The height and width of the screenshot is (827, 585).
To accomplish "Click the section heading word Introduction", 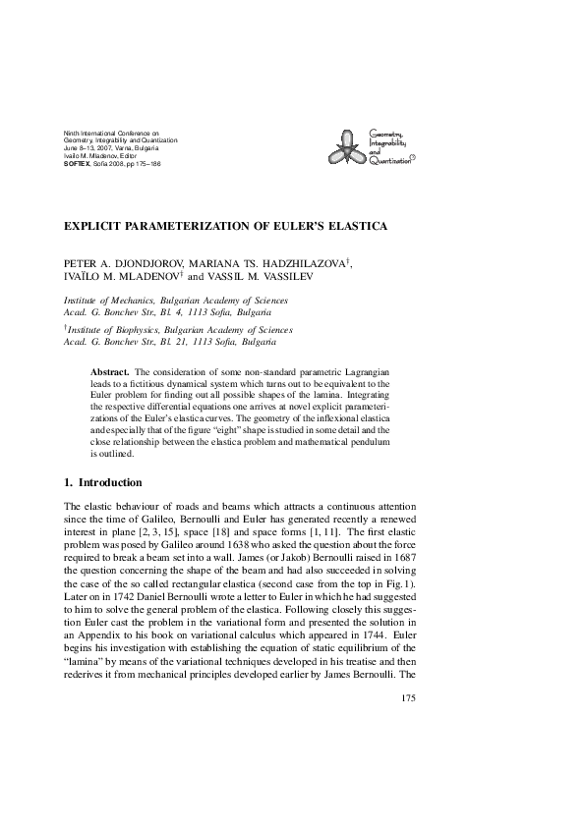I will [x=110, y=483].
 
